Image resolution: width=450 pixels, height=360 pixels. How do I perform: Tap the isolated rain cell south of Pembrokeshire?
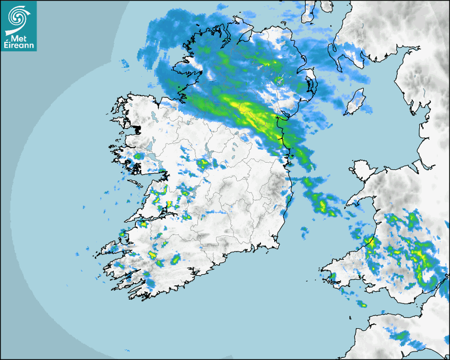[x=362, y=304]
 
